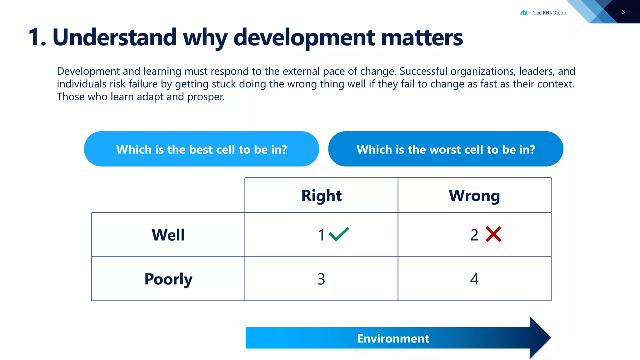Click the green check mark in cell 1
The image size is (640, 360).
click(x=339, y=234)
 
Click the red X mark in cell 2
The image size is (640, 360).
click(x=493, y=234)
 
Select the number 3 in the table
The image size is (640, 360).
click(x=321, y=279)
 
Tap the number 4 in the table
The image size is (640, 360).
click(x=474, y=279)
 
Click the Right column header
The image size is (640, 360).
click(x=321, y=196)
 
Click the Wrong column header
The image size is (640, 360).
click(x=474, y=196)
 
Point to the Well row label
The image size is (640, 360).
click(x=168, y=235)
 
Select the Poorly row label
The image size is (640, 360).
click(x=168, y=279)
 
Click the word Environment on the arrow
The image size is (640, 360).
click(x=393, y=338)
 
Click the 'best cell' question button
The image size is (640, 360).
click(x=201, y=149)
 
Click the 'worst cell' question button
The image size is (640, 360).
click(x=446, y=149)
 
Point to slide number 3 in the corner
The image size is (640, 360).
click(x=623, y=12)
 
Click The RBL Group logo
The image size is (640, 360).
click(x=543, y=12)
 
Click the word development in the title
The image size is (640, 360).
click(x=304, y=37)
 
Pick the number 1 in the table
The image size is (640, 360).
click(x=321, y=235)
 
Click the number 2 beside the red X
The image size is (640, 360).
click(x=474, y=235)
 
